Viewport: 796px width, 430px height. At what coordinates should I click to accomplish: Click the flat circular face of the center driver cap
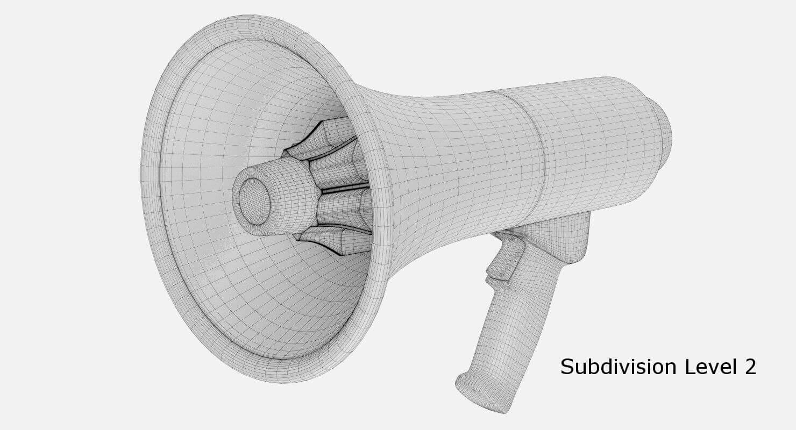(254, 201)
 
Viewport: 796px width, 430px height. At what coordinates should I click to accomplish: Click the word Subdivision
(618, 367)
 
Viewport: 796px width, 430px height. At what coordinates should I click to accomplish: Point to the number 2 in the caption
(750, 367)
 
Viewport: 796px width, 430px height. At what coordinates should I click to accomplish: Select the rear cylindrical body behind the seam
(597, 140)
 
